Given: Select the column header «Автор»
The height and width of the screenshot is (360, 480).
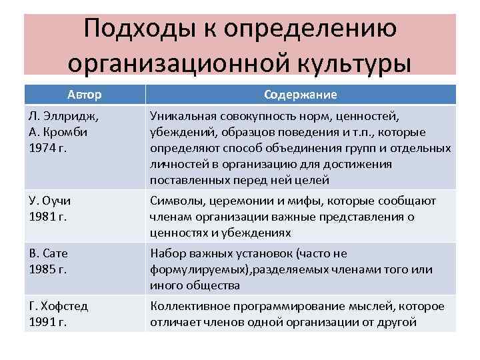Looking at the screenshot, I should [84, 95].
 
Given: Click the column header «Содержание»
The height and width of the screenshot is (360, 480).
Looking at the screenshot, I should [300, 95].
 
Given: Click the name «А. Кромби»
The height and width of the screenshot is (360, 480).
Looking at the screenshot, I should [59, 132].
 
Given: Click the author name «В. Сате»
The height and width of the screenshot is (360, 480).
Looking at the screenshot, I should [49, 254].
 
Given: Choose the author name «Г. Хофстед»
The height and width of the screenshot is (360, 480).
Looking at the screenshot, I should [59, 307].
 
